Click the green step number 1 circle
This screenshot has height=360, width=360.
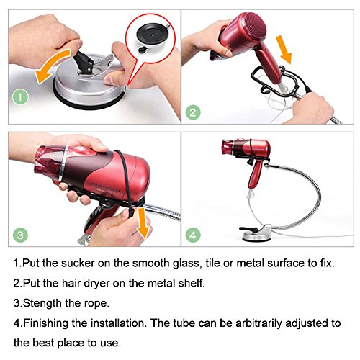20,97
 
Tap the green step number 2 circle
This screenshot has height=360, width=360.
193,112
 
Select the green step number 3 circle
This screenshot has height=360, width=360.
20,235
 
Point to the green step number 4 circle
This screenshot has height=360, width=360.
193,235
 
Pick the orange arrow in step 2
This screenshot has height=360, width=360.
284,49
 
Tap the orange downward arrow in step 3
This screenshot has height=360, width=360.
143,222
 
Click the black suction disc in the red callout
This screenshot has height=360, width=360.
153,35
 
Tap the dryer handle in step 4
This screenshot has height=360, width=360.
255,174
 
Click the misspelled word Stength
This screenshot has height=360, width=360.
42,303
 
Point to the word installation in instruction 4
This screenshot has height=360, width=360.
119,323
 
